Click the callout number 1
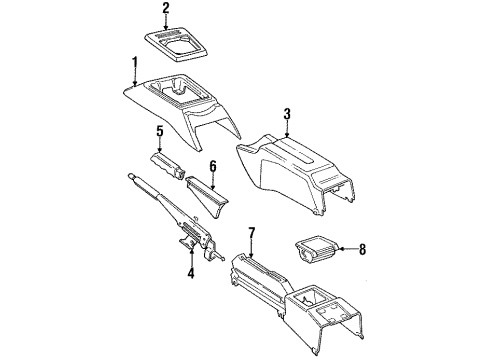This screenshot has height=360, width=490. (135, 63)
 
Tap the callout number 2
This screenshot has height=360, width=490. (166, 8)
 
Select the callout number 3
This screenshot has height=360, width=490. (287, 114)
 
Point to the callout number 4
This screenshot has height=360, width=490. (191, 273)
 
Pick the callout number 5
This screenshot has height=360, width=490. (160, 131)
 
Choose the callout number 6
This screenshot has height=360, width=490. (213, 166)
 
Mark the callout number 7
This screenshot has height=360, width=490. (252, 233)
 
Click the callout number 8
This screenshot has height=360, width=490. (362, 249)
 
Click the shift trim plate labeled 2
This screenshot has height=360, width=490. (176, 44)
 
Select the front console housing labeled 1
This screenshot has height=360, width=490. (182, 107)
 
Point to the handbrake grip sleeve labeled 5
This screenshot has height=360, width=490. (168, 166)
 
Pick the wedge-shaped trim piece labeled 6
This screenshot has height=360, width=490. (207, 196)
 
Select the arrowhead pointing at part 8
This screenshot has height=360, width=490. (341, 249)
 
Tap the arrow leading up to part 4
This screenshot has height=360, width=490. (191, 257)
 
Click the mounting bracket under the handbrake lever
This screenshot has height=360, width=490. (187, 243)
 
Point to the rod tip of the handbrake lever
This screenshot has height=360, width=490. (132, 176)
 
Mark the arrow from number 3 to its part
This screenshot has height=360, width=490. (287, 129)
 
